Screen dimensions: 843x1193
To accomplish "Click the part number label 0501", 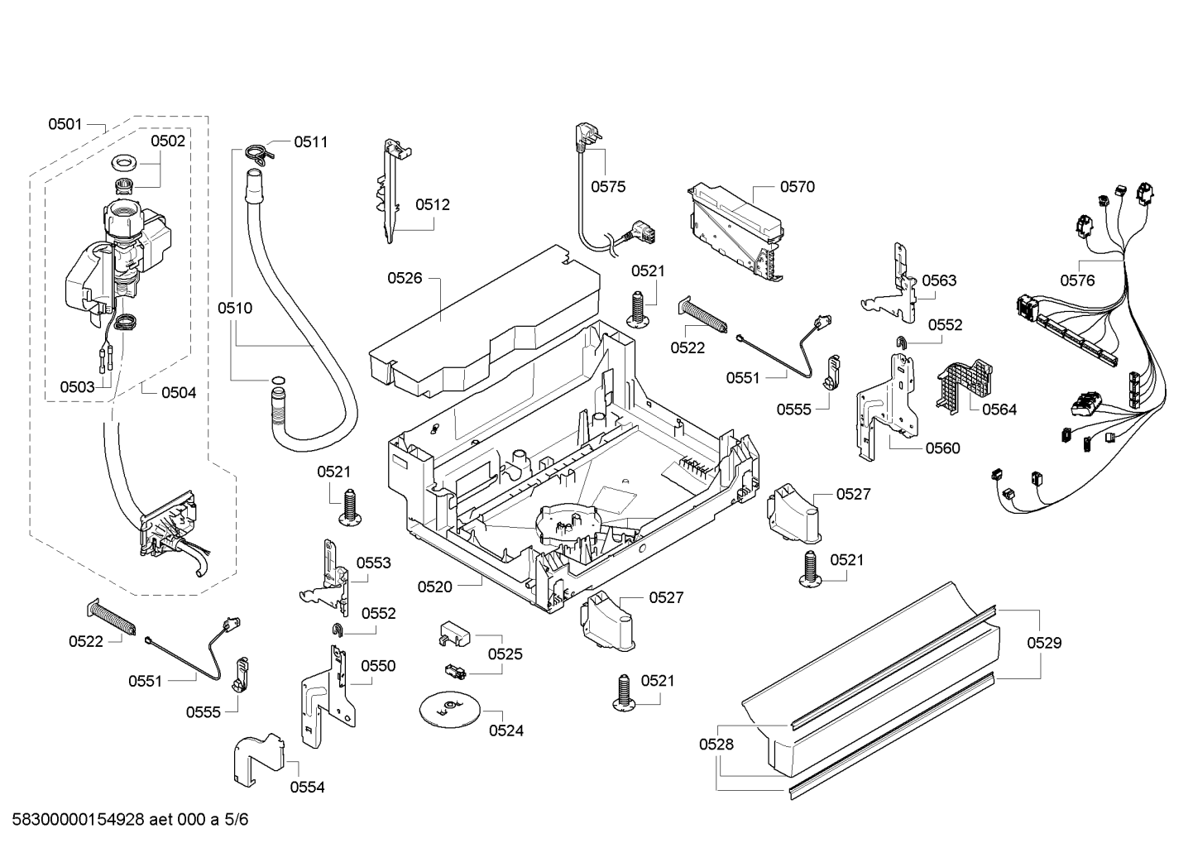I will point(65,125).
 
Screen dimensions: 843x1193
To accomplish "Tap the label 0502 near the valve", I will point(168,141).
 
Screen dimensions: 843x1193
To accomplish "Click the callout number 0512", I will point(433,204).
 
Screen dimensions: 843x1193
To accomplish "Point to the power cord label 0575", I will point(608,186).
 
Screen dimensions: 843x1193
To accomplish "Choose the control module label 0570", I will point(798,187).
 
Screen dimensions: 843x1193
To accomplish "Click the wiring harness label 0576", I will point(1077,280).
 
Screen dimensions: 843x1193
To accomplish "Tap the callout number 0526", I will point(405,278).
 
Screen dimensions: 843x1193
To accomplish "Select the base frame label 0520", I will point(435,587).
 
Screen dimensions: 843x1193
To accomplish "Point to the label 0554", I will point(307,788).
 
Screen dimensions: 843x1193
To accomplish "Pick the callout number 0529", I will point(1044,643).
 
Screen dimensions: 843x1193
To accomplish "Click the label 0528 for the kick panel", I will point(716,745).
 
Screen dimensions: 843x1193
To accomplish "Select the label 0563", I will point(939,280).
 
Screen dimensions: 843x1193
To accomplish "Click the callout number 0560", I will point(942,448).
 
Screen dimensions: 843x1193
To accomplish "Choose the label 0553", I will point(374,563).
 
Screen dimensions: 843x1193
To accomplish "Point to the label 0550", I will point(378,666).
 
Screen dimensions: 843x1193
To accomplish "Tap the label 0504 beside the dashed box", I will point(179,393).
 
